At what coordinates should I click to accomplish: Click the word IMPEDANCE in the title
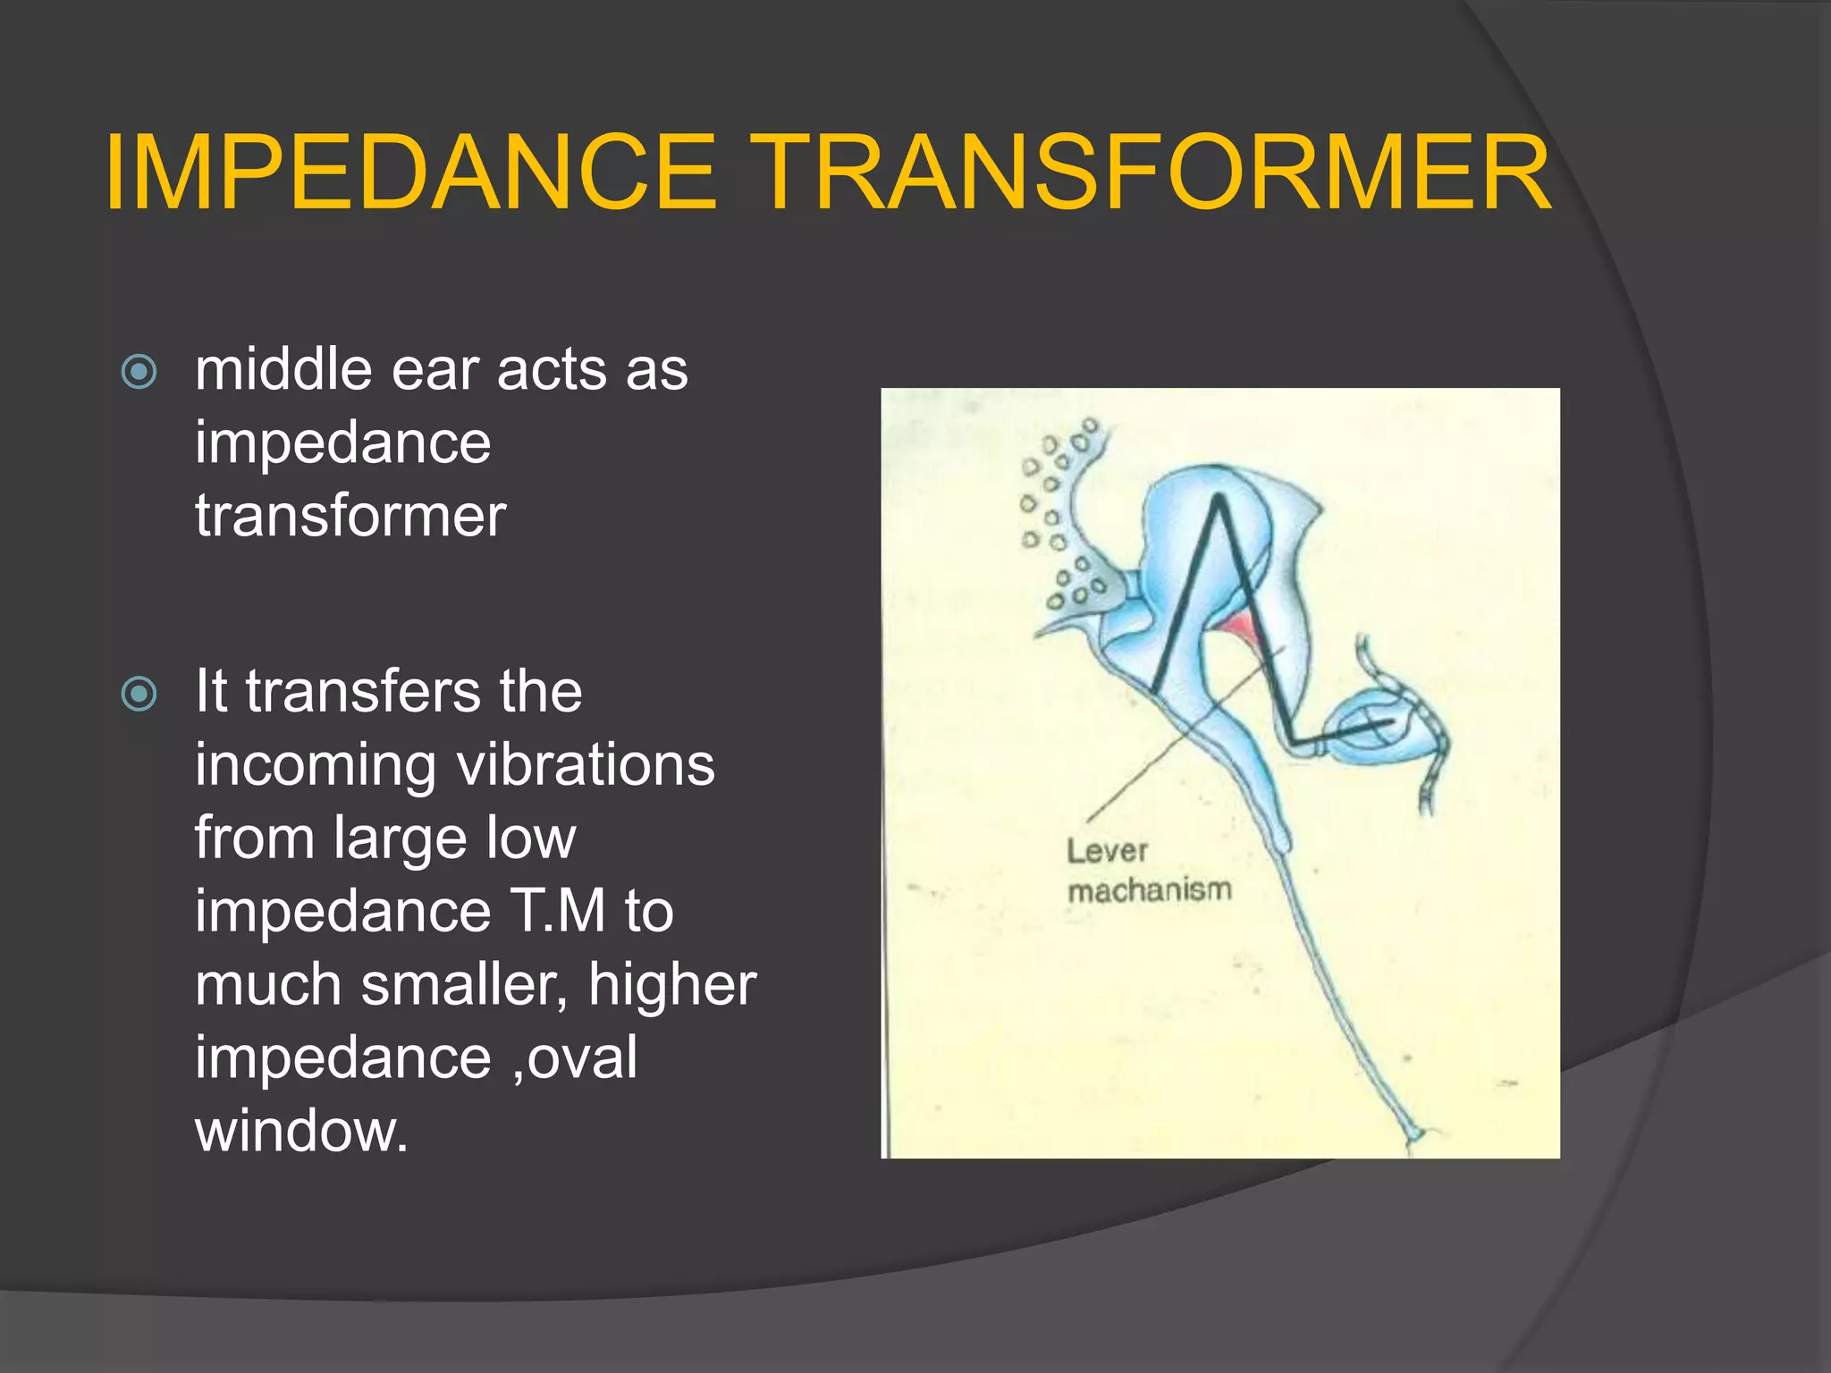(410, 173)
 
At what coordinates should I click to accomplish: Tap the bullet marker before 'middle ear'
(139, 371)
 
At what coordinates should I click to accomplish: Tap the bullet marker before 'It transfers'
(139, 694)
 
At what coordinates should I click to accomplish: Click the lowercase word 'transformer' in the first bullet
(350, 516)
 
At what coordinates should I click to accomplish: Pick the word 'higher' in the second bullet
(672, 985)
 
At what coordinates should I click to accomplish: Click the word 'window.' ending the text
(301, 1132)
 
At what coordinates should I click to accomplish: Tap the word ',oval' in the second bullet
(576, 1058)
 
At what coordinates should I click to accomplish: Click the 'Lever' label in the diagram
(1106, 851)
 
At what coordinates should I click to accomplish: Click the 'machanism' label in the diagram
(1150, 890)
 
